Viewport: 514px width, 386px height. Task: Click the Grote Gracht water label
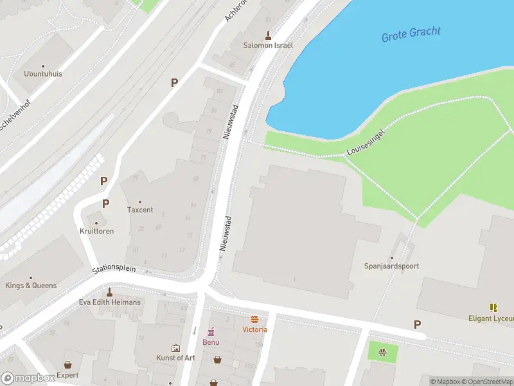pyautogui.click(x=412, y=34)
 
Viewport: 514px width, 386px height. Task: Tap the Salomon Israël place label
pyautogui.click(x=268, y=46)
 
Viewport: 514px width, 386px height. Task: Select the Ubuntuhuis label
pyautogui.click(x=43, y=73)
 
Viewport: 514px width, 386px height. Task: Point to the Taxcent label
pyautogui.click(x=140, y=210)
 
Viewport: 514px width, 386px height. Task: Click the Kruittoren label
pyautogui.click(x=97, y=230)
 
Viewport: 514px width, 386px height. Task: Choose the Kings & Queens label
pyautogui.click(x=31, y=285)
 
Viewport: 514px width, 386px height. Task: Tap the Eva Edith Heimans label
pyautogui.click(x=109, y=302)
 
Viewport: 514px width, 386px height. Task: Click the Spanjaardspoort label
pyautogui.click(x=391, y=266)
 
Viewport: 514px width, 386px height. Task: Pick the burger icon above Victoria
pyautogui.click(x=255, y=319)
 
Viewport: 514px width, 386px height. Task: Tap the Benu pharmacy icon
pyautogui.click(x=210, y=332)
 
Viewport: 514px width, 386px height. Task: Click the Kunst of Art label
pyautogui.click(x=175, y=358)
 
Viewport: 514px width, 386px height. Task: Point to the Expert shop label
pyautogui.click(x=67, y=375)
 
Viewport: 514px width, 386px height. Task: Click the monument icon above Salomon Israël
pyautogui.click(x=268, y=35)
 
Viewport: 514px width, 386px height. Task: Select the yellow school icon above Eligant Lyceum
pyautogui.click(x=493, y=308)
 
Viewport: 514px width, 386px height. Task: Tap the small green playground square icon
pyautogui.click(x=383, y=352)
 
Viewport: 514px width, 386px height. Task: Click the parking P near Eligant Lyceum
pyautogui.click(x=418, y=325)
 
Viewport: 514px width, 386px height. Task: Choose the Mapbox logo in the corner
pyautogui.click(x=28, y=378)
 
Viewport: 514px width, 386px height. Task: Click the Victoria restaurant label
pyautogui.click(x=255, y=329)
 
